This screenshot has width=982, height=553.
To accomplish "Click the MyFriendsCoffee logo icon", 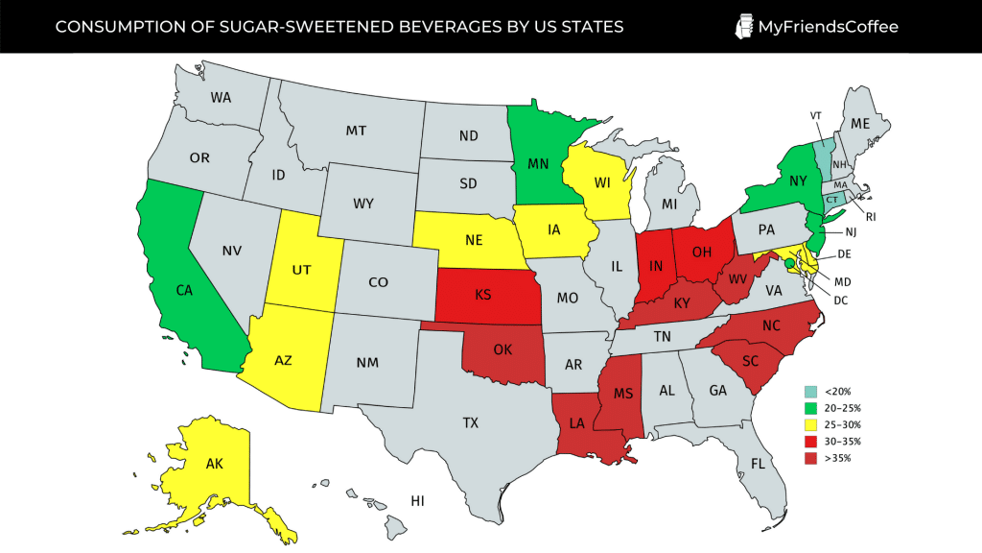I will click(x=743, y=26).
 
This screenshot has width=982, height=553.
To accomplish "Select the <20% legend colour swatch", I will click(x=810, y=392).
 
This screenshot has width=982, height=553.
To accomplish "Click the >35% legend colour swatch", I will click(x=810, y=458).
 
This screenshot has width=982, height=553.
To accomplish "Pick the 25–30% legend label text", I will click(x=836, y=425).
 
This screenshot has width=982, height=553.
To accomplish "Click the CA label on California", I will click(x=185, y=289).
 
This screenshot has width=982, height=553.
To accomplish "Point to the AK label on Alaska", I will click(x=217, y=464).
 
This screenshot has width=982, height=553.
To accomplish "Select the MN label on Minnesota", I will click(x=538, y=164).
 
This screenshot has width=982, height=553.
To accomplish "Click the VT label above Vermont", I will click(x=816, y=115).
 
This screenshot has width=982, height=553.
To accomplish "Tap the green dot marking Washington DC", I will click(x=789, y=263).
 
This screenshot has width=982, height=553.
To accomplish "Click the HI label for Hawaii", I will click(x=417, y=500).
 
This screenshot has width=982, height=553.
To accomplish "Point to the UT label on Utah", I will click(x=301, y=271).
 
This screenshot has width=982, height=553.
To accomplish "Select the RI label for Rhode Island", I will click(x=871, y=216).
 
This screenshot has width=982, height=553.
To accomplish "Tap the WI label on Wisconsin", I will click(x=603, y=183).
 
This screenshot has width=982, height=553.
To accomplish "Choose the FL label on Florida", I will click(x=758, y=463).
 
